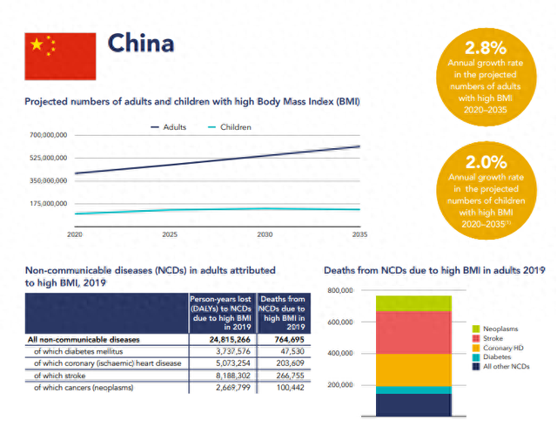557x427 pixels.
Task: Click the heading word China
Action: [140, 43]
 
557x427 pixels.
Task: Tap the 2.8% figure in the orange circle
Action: [485, 48]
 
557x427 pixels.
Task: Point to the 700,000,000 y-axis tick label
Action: [48, 135]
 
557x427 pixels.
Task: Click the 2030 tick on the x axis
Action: [265, 234]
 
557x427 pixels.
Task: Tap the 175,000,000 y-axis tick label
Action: [48, 203]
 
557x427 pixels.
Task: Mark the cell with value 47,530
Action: [287, 351]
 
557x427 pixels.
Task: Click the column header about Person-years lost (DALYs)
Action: [221, 313]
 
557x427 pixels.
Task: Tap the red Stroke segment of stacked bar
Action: [413, 332]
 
